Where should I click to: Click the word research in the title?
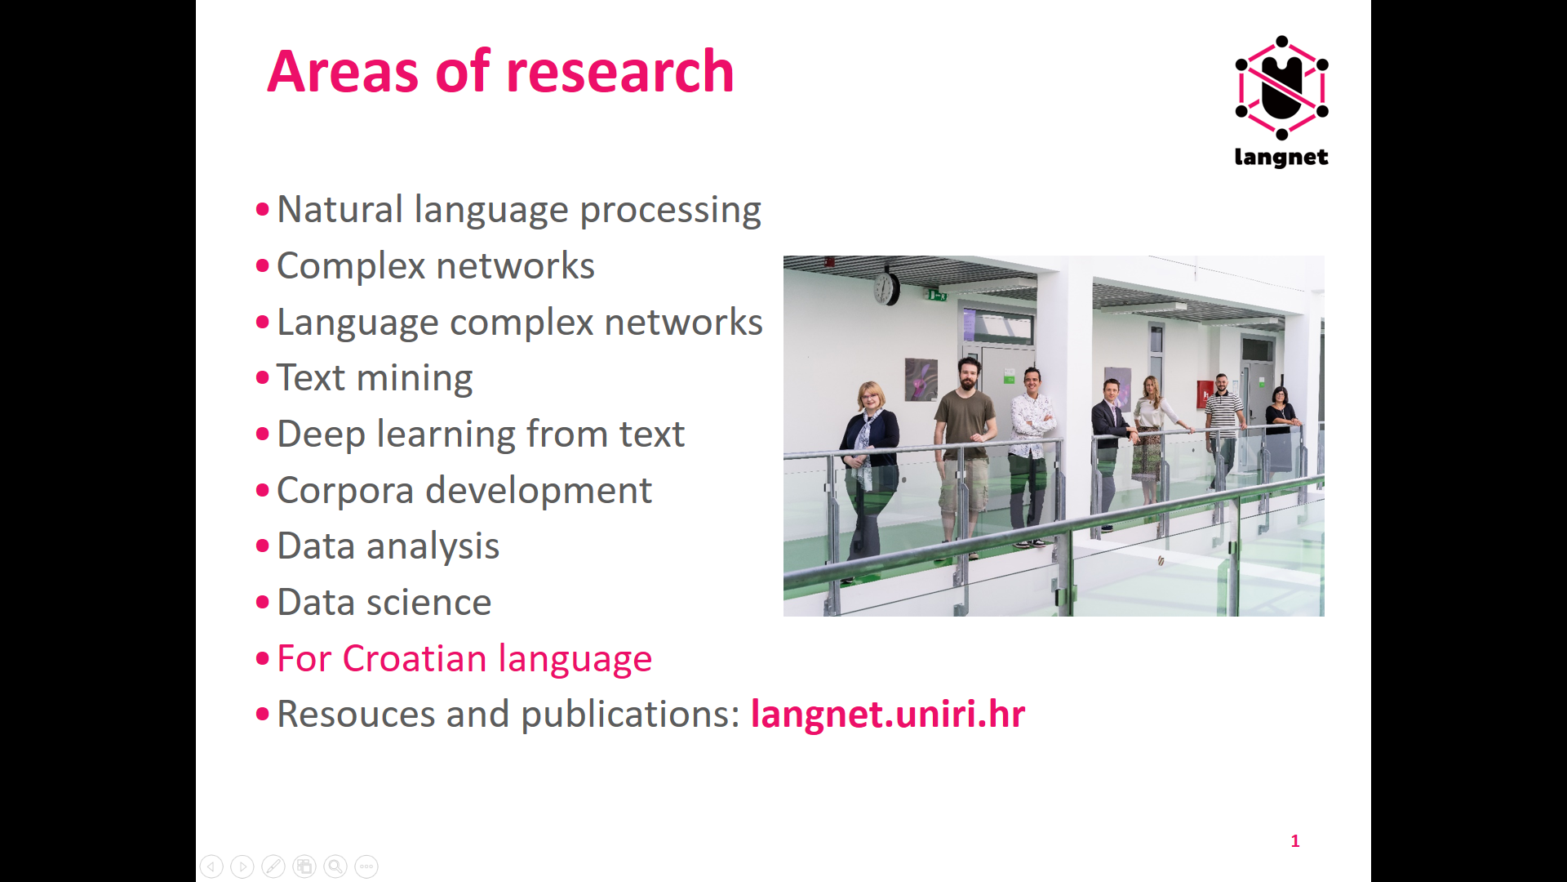click(620, 72)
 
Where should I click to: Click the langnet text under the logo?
click(1281, 157)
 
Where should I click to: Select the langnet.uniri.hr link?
click(888, 714)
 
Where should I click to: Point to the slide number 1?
click(1295, 840)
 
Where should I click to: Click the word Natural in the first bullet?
click(340, 209)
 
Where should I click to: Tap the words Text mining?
click(375, 378)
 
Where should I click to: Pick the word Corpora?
click(345, 491)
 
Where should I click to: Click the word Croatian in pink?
click(415, 658)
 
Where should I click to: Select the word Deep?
click(321, 434)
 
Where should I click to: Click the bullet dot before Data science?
click(262, 603)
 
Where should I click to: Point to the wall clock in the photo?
click(886, 287)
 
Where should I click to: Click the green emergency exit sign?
click(936, 294)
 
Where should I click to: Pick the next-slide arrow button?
click(242, 866)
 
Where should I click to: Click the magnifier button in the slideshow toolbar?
click(335, 866)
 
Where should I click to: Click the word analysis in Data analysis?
click(433, 547)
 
